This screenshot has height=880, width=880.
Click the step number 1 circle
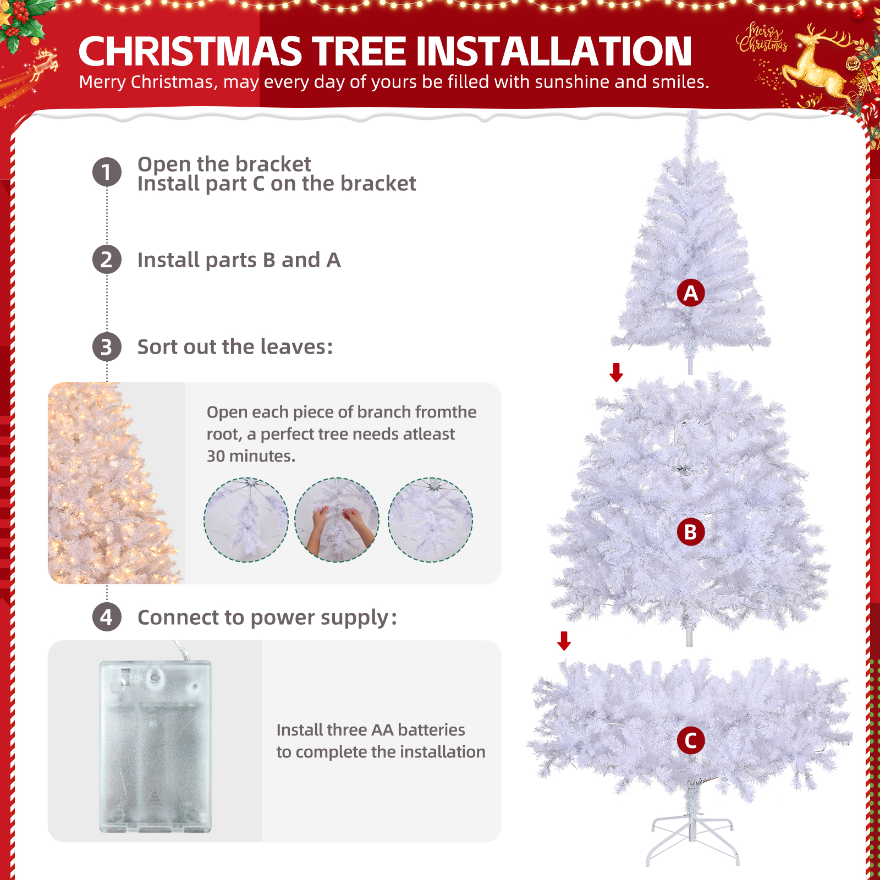107,172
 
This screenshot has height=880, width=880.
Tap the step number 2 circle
107,260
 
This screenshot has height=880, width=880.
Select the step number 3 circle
107,347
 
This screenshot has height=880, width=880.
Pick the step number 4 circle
107,617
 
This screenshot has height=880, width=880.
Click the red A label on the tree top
691,293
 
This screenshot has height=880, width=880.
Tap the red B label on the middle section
691,532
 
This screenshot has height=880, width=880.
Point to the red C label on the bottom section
691,740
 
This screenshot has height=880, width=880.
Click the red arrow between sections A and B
617,372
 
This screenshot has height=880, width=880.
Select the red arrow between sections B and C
564,641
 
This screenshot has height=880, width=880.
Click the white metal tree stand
692,833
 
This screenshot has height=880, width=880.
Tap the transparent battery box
155,746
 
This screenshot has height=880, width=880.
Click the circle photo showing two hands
337,520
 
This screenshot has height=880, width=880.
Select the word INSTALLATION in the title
554,51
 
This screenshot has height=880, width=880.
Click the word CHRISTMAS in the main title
190,51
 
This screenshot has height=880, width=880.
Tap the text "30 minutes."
251,456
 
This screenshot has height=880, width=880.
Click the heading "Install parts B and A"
239,260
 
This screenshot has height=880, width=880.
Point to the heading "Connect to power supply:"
267,618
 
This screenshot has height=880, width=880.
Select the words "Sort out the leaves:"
235,347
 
